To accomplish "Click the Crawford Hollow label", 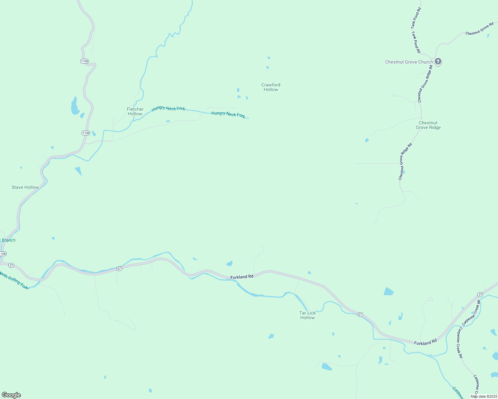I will pos(271,87).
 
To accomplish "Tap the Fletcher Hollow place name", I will pos(135,111).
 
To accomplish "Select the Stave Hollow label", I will pos(25,187).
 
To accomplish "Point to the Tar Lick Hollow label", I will pos(307,315).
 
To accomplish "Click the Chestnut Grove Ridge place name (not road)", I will pos(428,125).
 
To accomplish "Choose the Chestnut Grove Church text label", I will pos(409,62).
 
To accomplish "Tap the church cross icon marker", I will pos(438,61).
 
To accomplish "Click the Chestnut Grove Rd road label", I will pos(479,29).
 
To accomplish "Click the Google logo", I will pos(11,395).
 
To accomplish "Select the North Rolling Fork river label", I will pos(14,280).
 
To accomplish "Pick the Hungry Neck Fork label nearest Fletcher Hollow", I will pos(168,108).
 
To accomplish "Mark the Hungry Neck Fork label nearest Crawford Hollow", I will pos(228,115).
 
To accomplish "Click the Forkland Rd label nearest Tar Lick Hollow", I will pos(242,277).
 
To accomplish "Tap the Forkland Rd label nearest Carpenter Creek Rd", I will pos(425,342).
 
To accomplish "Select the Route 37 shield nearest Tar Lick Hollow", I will pos(360,315).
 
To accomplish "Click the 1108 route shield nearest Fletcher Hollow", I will pos(86,133).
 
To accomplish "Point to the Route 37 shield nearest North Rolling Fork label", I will pos(11,265).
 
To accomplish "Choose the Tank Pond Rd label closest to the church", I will pos(416,42).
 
